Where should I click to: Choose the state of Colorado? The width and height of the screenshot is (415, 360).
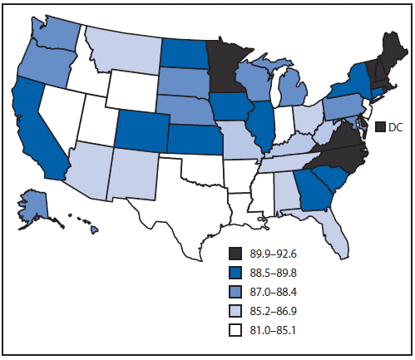137,126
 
